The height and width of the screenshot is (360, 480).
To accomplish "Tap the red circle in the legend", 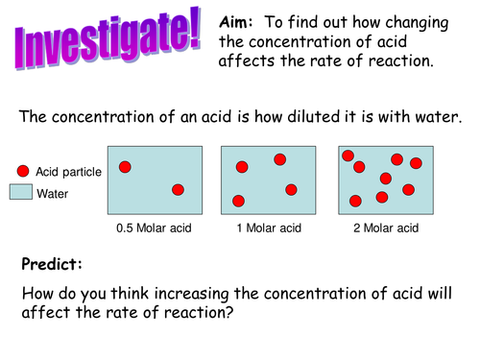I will pyautogui.click(x=22, y=172).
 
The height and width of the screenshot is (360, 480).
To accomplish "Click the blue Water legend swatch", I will pyautogui.click(x=22, y=193).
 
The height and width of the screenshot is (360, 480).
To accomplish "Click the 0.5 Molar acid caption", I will pyautogui.click(x=155, y=228).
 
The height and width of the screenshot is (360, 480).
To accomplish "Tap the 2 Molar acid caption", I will pyautogui.click(x=385, y=228).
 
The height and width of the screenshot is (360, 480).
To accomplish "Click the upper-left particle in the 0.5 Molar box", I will pyautogui.click(x=125, y=167).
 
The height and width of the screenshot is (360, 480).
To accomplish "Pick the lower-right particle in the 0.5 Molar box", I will pyautogui.click(x=178, y=190).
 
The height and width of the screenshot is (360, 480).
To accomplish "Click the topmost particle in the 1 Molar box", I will pyautogui.click(x=279, y=159).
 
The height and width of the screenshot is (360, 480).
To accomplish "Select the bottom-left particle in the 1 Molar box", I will pyautogui.click(x=238, y=201).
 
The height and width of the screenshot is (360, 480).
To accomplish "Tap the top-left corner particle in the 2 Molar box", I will pyautogui.click(x=348, y=156).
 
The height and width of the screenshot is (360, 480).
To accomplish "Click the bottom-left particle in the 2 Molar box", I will pyautogui.click(x=355, y=201).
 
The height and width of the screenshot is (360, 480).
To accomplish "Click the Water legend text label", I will pyautogui.click(x=52, y=193).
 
